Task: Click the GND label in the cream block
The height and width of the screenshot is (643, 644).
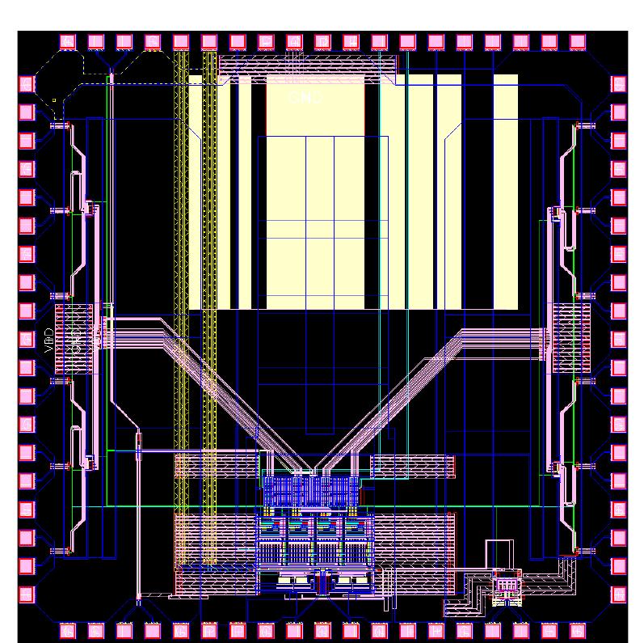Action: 305,98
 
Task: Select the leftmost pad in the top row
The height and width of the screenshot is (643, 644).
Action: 67,41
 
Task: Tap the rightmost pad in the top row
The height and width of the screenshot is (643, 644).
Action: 578,41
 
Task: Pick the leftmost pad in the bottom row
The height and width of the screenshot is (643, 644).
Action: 67,629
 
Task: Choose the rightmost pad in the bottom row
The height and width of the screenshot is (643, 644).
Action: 578,629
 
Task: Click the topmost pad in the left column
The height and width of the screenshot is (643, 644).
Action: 26,83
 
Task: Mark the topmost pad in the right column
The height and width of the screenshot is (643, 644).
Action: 618,83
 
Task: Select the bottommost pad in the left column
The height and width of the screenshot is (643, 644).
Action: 26,594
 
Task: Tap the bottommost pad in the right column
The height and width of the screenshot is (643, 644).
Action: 618,594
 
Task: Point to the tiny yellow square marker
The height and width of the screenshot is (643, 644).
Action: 54,100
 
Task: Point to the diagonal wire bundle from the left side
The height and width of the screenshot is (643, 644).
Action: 210,380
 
